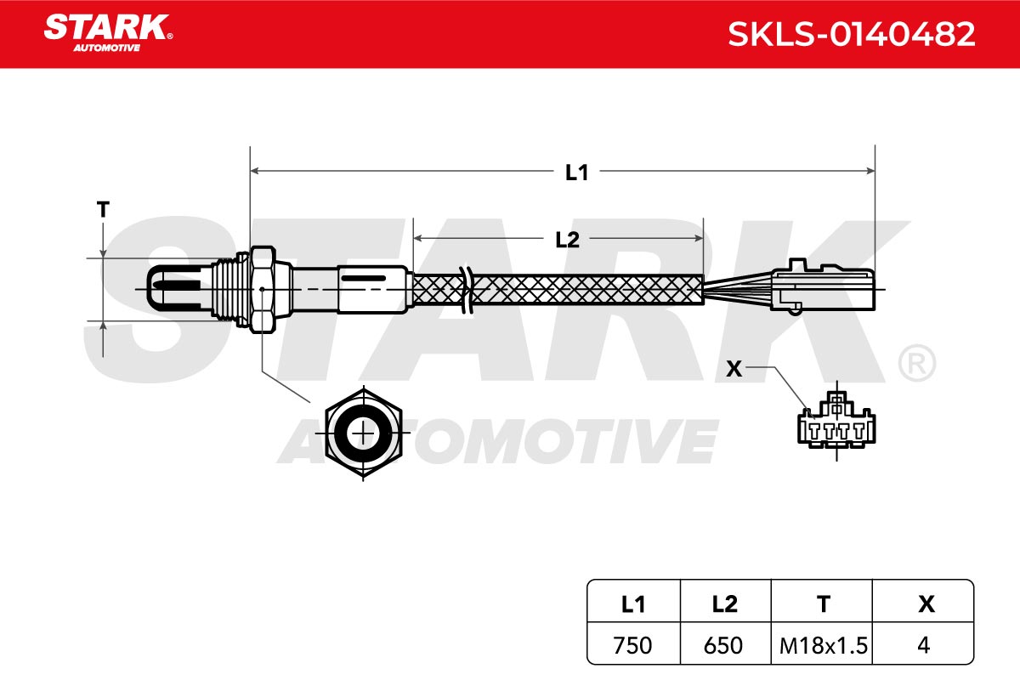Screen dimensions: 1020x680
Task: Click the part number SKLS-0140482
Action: tap(851, 34)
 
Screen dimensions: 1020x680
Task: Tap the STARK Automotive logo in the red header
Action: tap(108, 33)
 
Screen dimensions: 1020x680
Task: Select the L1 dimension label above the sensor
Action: tap(576, 173)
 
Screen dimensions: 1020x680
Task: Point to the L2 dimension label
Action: tap(567, 240)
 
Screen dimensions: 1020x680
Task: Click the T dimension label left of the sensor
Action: tap(103, 209)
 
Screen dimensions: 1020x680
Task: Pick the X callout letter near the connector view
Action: tap(734, 369)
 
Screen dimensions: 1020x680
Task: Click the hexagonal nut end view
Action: tap(364, 433)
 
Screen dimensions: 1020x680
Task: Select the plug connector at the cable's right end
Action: tap(823, 286)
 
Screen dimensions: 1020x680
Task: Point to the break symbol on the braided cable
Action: tap(467, 290)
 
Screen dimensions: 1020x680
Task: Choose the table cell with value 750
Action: tap(632, 645)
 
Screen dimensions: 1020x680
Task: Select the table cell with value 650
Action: tap(723, 645)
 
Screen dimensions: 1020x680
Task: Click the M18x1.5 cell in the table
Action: tap(824, 645)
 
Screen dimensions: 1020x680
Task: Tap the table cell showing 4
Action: tap(923, 645)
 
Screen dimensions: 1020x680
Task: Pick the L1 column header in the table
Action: tap(633, 604)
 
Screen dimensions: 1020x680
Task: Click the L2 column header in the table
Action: tap(724, 604)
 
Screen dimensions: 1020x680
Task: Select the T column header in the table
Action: tap(823, 604)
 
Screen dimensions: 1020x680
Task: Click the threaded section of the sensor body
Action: tap(230, 289)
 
